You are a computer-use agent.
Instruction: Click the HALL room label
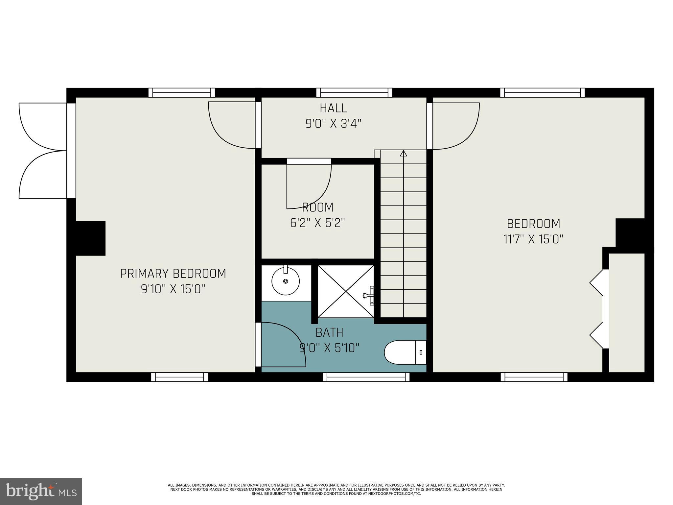pyautogui.click(x=333, y=108)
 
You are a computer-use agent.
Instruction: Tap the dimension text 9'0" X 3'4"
pyautogui.click(x=333, y=124)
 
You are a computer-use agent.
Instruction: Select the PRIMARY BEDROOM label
pyautogui.click(x=173, y=274)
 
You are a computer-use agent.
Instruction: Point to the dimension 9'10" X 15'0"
pyautogui.click(x=173, y=289)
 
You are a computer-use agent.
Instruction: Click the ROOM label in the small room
pyautogui.click(x=317, y=207)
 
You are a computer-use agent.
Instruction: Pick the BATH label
pyautogui.click(x=329, y=332)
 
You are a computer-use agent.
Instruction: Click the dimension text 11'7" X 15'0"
pyautogui.click(x=533, y=239)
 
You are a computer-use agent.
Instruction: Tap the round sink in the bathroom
pyautogui.click(x=285, y=281)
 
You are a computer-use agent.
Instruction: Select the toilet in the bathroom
pyautogui.click(x=404, y=352)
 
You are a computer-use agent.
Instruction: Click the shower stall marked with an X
pyautogui.click(x=346, y=291)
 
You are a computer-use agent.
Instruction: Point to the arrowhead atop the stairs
pyautogui.click(x=404, y=153)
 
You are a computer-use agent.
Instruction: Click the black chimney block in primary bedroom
pyautogui.click(x=91, y=238)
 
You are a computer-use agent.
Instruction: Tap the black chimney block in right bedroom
pyautogui.click(x=630, y=233)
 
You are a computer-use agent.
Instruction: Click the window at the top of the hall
pyautogui.click(x=354, y=93)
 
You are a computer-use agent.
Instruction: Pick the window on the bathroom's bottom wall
pyautogui.click(x=366, y=377)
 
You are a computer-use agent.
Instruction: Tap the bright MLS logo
pyautogui.click(x=41, y=491)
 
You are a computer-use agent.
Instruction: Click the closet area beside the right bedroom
pyautogui.click(x=627, y=312)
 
